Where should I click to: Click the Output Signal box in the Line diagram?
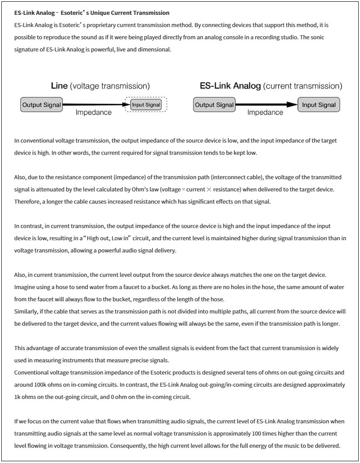tap(41, 105)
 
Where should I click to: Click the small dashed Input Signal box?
tap(146, 105)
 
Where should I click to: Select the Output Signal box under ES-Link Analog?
tap(214, 105)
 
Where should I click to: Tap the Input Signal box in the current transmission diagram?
tap(319, 105)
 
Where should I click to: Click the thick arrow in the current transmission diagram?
tap(266, 105)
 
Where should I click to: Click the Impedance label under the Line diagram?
tap(94, 113)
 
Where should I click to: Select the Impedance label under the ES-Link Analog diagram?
tap(265, 113)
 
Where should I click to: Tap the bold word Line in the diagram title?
tap(59, 86)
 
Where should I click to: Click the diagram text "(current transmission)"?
tap(302, 86)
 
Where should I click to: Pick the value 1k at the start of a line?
tap(17, 397)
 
